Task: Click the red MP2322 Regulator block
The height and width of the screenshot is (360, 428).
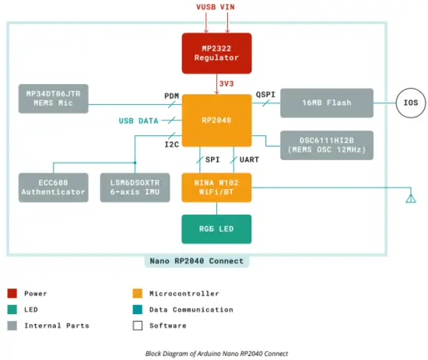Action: coord(216,53)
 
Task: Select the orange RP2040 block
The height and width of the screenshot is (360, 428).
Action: coord(216,121)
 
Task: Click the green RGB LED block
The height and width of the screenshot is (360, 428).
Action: coord(216,229)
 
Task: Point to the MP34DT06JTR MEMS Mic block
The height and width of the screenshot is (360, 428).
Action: coord(53,99)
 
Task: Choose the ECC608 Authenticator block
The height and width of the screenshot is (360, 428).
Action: coord(52,187)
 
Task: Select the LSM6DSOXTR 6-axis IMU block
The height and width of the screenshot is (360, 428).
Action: coord(136,187)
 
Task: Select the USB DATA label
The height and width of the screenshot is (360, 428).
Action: coord(138,121)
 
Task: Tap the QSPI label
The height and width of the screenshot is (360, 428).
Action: coord(266,94)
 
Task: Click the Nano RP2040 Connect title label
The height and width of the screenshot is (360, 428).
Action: coord(196,260)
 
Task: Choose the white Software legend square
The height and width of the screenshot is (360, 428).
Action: coord(138,326)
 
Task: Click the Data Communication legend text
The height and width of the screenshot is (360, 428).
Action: coord(191,309)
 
